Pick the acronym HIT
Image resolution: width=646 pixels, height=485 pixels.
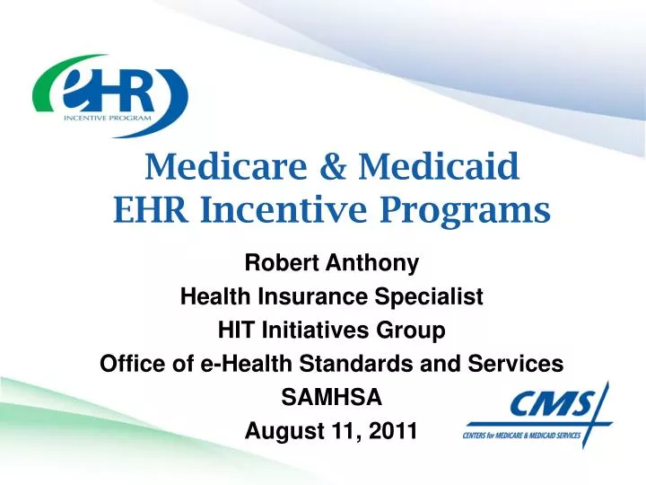point(236,331)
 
